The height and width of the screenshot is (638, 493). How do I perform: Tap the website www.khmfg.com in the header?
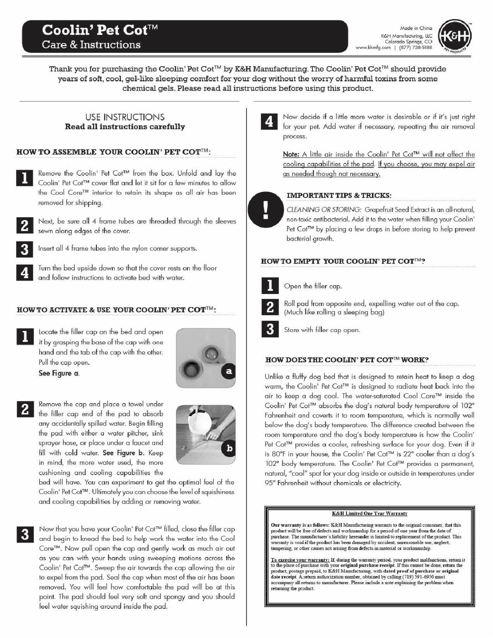[x=373, y=48]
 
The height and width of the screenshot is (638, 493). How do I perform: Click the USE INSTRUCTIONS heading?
[x=125, y=117]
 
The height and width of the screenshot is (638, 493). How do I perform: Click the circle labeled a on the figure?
[x=229, y=371]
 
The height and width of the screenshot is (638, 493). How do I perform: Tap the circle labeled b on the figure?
[x=229, y=448]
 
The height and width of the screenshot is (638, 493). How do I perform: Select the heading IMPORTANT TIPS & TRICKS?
[x=339, y=195]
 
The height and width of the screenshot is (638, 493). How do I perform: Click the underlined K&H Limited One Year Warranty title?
[x=369, y=513]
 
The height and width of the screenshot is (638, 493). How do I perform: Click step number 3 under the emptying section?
[x=270, y=329]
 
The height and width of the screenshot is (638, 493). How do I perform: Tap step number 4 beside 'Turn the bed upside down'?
[x=25, y=273]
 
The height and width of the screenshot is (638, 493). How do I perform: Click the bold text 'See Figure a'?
[x=59, y=373]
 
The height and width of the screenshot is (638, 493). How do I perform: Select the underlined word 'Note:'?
[x=291, y=154]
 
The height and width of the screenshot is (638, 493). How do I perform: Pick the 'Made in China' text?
[x=416, y=28]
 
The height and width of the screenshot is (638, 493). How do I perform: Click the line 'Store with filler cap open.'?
[x=322, y=330]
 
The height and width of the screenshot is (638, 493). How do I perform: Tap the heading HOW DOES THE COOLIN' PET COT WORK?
[x=347, y=360]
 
